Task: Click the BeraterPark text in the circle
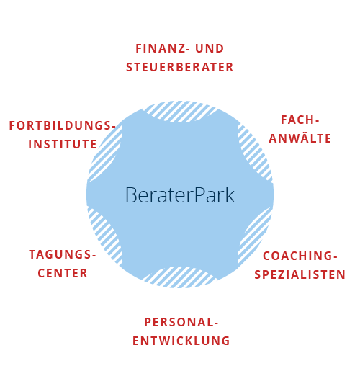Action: [180, 195]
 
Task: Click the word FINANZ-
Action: [163, 48]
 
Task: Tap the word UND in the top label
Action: [210, 48]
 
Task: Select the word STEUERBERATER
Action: [180, 67]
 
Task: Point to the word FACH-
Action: [300, 120]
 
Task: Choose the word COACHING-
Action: [300, 256]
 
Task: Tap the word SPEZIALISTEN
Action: [300, 274]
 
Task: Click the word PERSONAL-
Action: [181, 322]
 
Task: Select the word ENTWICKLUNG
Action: [181, 341]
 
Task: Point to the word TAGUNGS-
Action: [63, 254]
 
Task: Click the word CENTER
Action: [63, 273]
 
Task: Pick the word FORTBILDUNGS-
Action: [63, 125]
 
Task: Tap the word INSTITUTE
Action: [63, 144]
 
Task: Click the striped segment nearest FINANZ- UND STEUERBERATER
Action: [180, 112]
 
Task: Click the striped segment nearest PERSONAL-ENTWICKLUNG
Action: [180, 277]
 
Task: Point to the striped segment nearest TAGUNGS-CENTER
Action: [105, 238]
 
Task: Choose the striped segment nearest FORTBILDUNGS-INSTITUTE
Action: [105, 153]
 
